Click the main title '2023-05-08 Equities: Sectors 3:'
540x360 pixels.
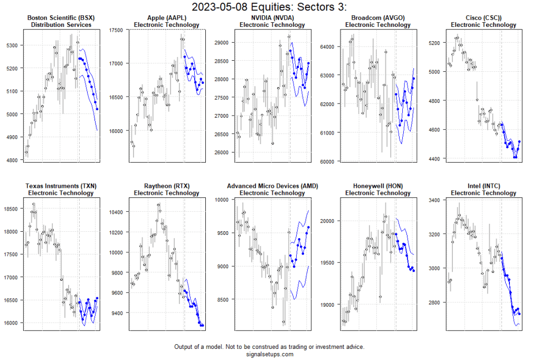click(269, 7)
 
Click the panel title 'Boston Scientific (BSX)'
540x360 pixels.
click(61, 18)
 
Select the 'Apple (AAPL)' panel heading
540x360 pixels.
click(167, 18)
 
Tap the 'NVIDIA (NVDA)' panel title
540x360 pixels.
click(272, 18)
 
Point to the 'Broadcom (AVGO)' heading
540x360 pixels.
click(378, 18)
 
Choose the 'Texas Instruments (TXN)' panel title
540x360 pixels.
click(61, 186)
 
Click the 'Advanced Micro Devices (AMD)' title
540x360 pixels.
click(272, 186)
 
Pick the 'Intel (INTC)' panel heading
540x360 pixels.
click(484, 186)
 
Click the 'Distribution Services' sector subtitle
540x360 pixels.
click(61, 25)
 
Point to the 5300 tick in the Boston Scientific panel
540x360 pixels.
click(12, 45)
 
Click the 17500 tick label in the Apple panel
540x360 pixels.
click(117, 30)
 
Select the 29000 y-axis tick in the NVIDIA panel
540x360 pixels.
click(223, 42)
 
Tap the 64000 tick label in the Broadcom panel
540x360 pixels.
click(328, 46)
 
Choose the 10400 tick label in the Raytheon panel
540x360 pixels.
click(117, 212)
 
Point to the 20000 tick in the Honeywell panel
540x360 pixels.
click(328, 221)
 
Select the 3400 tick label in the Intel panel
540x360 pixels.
click(436, 201)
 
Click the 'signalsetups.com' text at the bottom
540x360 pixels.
click(269, 354)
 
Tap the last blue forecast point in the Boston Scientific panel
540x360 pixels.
click(97, 109)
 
